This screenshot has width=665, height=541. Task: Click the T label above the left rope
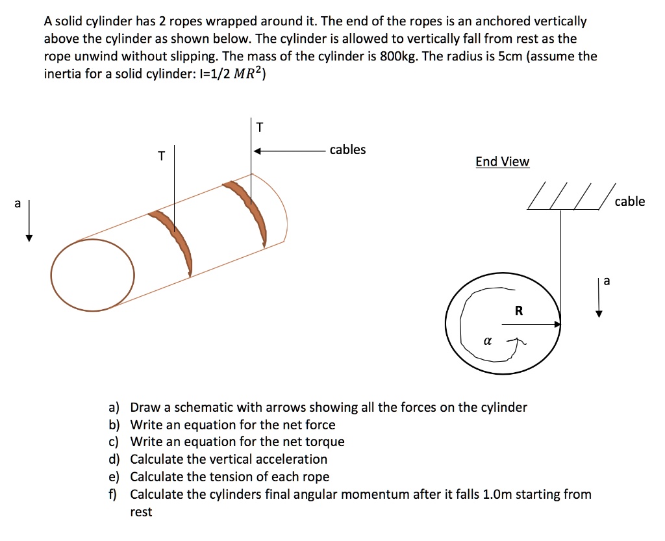[161, 156]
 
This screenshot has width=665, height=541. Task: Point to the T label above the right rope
[260, 127]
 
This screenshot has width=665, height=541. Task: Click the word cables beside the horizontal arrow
[347, 150]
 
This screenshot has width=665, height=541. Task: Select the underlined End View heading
[502, 162]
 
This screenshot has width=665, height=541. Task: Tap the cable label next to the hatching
[629, 201]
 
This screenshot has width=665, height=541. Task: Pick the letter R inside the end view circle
[518, 311]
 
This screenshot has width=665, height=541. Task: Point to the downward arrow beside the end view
[599, 302]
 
